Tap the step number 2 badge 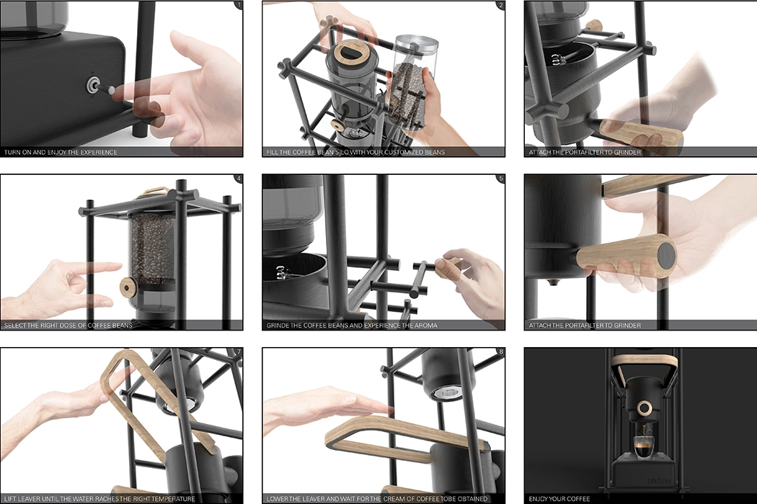coord(500,6)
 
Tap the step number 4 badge coord(238,179)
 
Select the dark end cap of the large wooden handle coord(666,255)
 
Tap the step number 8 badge coord(500,353)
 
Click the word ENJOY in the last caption coord(539,498)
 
